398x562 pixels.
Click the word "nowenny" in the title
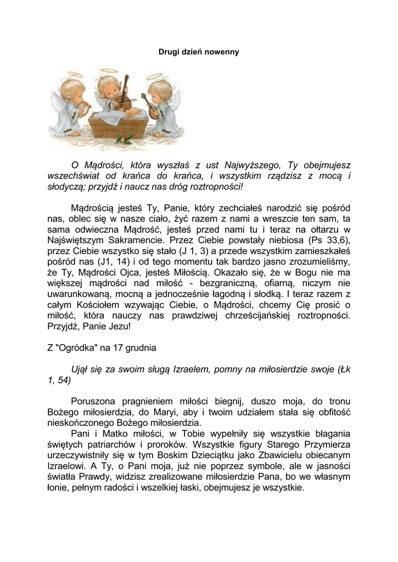(x=222, y=52)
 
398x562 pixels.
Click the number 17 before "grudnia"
(x=120, y=347)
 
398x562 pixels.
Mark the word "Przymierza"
(x=320, y=444)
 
